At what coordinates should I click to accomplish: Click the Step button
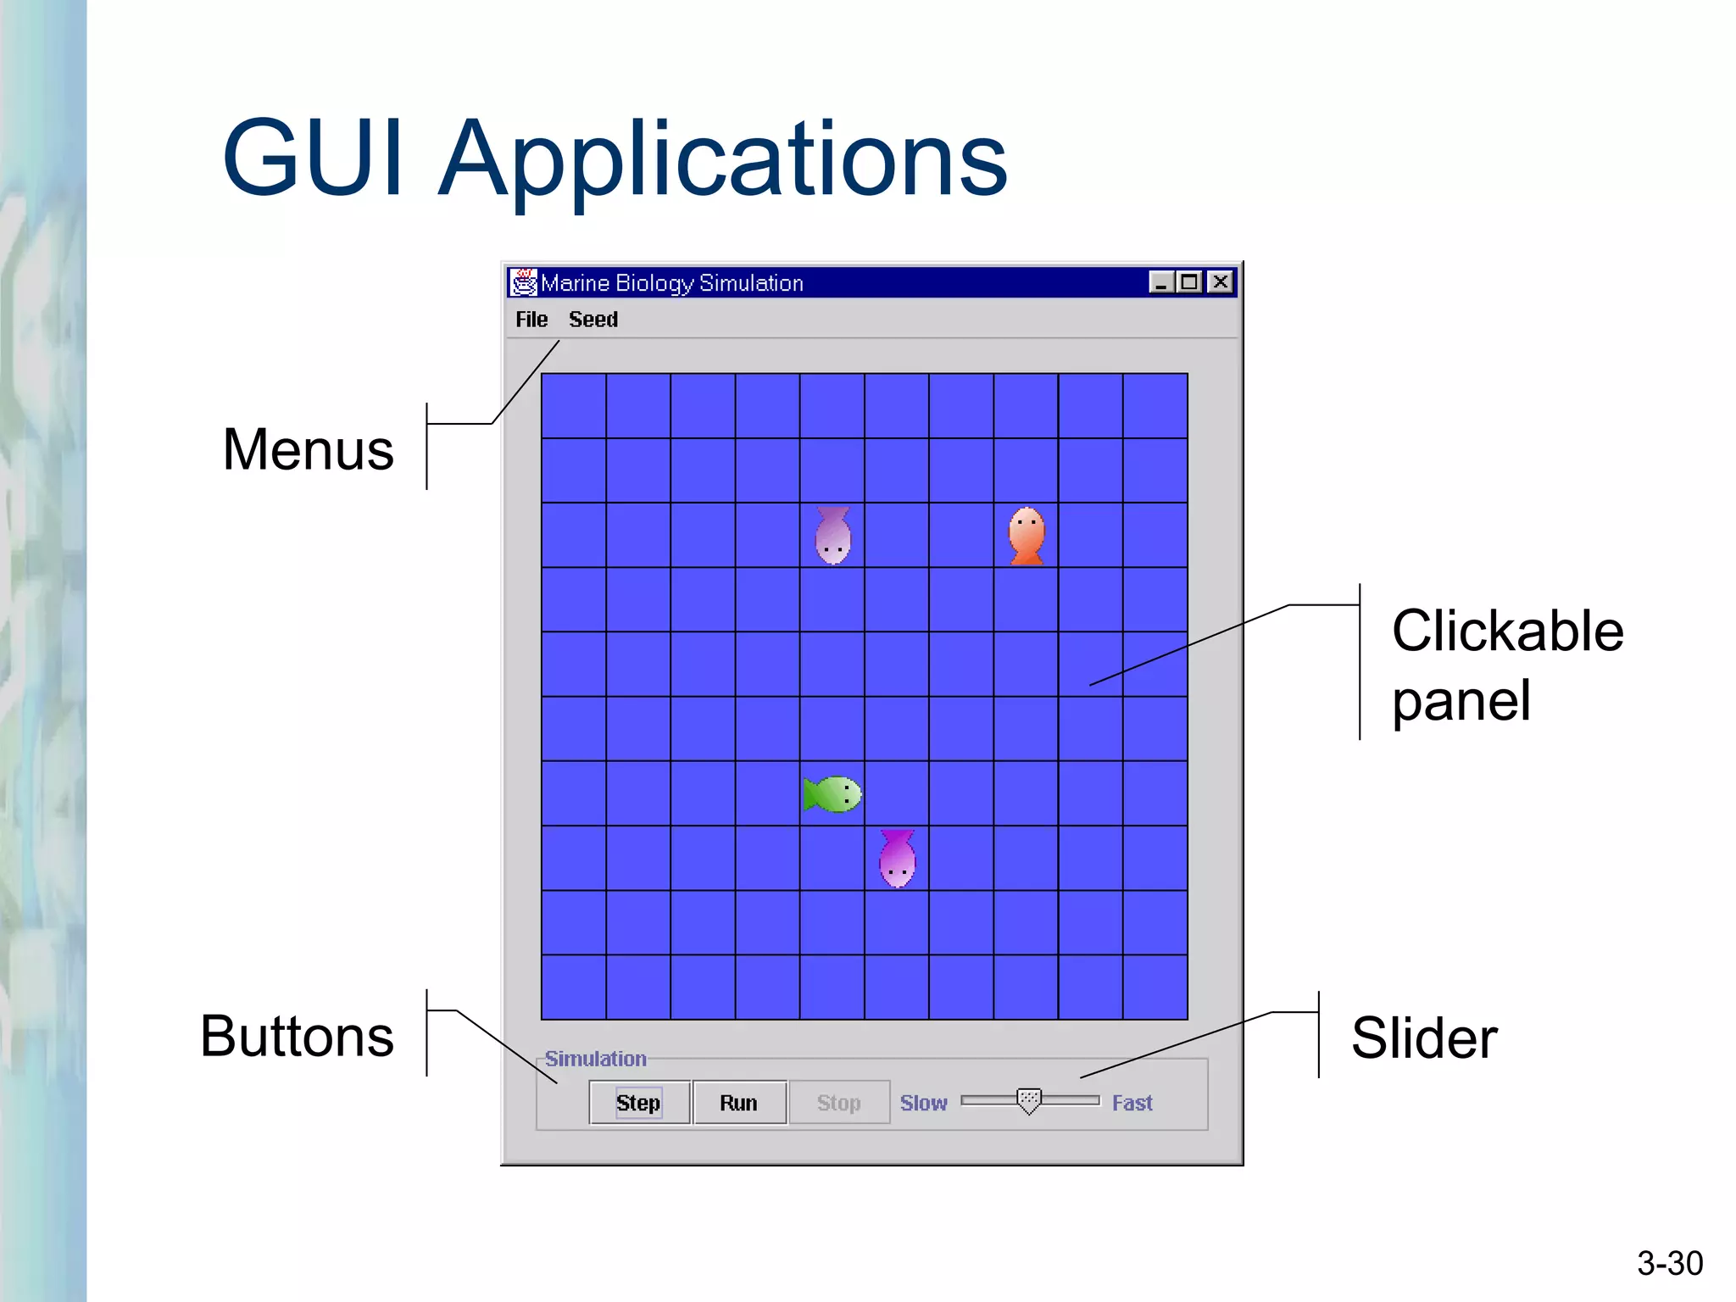tap(639, 1102)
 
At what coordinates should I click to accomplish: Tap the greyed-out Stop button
tap(838, 1102)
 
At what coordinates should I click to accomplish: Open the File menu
tap(531, 320)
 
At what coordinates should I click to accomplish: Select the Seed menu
tap(593, 320)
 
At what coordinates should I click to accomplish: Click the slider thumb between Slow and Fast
tap(1028, 1101)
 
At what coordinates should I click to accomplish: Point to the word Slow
tap(923, 1103)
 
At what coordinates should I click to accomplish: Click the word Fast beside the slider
tap(1132, 1103)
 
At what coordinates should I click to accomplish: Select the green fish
tap(833, 794)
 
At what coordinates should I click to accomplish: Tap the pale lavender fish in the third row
tap(832, 536)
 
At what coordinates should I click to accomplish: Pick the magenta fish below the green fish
tap(897, 858)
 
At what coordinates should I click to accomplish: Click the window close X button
tap(1220, 282)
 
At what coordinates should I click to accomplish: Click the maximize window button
tap(1190, 282)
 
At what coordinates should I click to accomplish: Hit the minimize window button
tap(1161, 282)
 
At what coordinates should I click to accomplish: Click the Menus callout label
tap(308, 449)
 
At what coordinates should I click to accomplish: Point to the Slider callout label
tap(1424, 1038)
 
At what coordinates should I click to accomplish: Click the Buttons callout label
tap(297, 1036)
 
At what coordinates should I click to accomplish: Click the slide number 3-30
tap(1669, 1263)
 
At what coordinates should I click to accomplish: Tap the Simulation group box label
tap(595, 1059)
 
